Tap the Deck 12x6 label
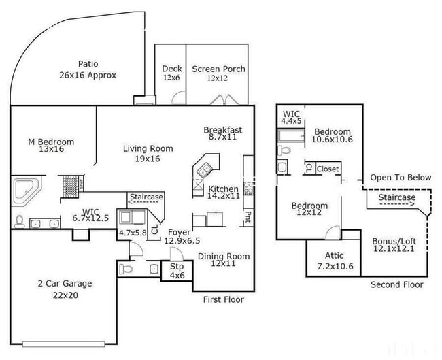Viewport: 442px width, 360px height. pyautogui.click(x=170, y=73)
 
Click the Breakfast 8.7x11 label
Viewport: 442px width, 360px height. pyautogui.click(x=222, y=134)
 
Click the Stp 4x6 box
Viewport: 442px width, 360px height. pyautogui.click(x=177, y=271)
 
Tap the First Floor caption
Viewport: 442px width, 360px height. pyautogui.click(x=224, y=299)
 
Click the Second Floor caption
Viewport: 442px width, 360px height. pyautogui.click(x=396, y=284)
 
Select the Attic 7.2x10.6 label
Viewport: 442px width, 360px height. pyautogui.click(x=334, y=260)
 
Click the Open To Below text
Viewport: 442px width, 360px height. pyautogui.click(x=401, y=178)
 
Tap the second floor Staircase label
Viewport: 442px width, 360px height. pyautogui.click(x=396, y=197)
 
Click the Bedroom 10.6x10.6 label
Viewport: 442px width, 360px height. pyautogui.click(x=332, y=136)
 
